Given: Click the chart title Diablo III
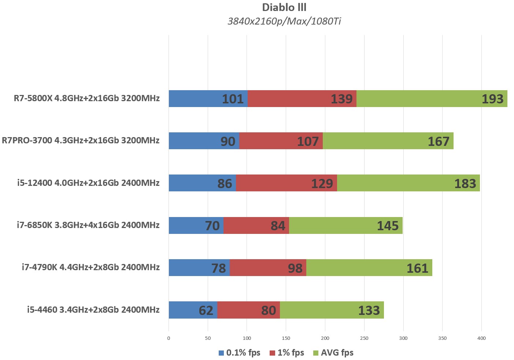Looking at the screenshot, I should point(284,7).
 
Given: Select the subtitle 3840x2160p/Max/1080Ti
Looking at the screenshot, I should point(284,21).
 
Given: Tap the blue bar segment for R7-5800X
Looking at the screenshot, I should point(198,99).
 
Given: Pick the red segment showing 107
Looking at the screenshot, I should point(281,141).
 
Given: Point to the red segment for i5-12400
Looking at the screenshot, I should point(286,183).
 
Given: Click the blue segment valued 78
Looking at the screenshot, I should point(199,268).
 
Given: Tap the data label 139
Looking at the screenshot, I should point(341,99).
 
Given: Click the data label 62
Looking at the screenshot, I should point(206,311).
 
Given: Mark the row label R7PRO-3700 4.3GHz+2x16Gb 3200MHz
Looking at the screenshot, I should point(81,140).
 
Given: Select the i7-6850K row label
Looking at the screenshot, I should point(88,225).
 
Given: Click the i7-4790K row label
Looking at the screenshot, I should point(90,267).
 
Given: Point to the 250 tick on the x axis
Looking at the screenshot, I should point(364,338).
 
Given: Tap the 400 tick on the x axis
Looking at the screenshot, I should point(481,338).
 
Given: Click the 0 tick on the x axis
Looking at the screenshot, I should point(169,338).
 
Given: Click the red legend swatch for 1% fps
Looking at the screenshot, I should point(272,353).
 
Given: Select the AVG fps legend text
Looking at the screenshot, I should point(337,353).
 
